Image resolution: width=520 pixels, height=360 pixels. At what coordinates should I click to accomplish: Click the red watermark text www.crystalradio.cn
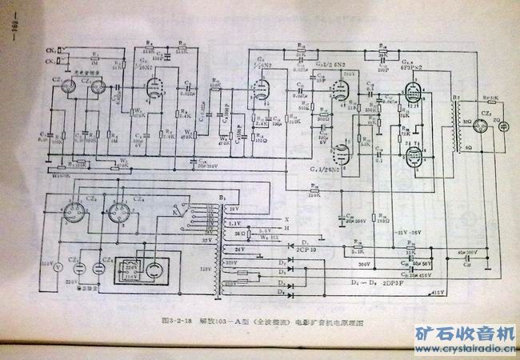click(465, 349)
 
